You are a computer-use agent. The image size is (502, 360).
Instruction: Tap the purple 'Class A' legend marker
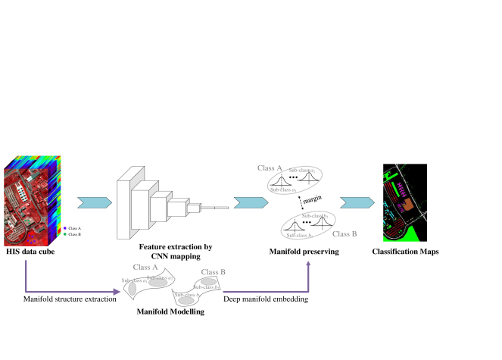point(65,227)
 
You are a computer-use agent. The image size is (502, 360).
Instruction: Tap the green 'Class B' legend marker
point(65,234)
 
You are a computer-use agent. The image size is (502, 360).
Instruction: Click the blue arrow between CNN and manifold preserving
point(248,203)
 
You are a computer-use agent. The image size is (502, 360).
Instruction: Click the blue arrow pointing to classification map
point(356,203)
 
